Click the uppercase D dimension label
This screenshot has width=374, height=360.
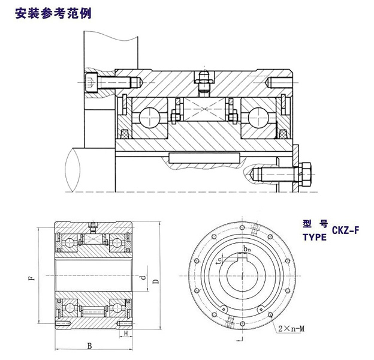pyautogui.click(x=155, y=281)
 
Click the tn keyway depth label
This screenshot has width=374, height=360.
pyautogui.click(x=221, y=260)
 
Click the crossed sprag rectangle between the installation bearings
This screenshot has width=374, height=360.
pyautogui.click(x=203, y=111)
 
